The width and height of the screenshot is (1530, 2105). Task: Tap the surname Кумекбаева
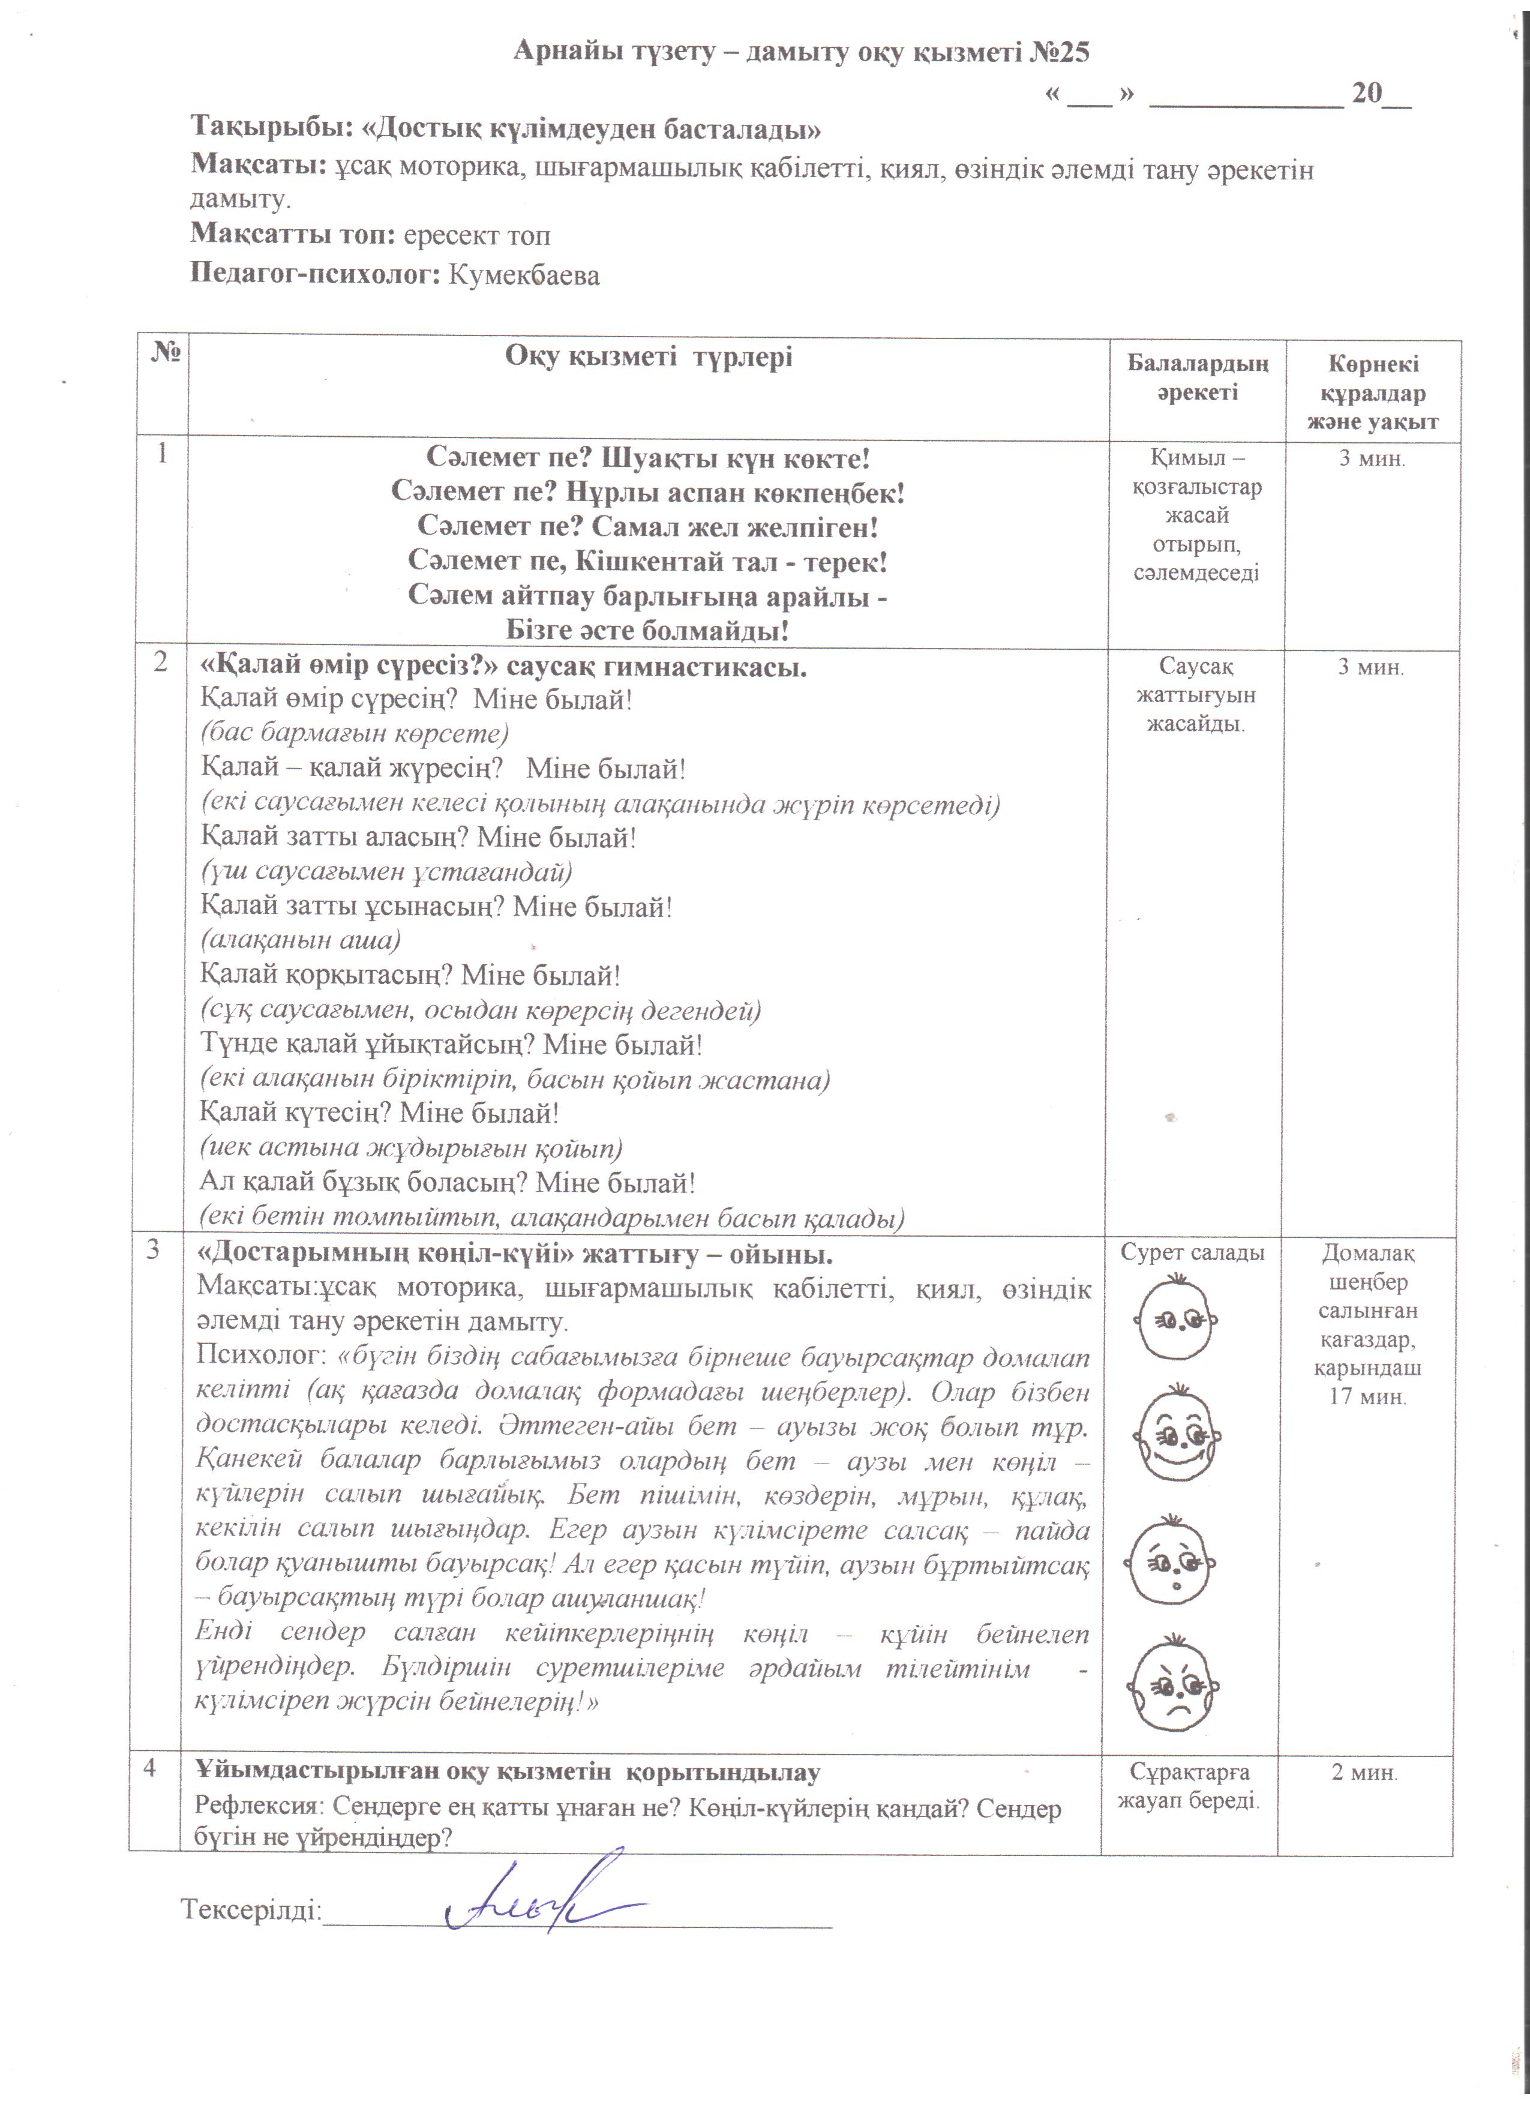point(524,275)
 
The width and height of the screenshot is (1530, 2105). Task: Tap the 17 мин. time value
point(1367,1397)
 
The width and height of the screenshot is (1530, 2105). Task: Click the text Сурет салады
point(1192,1253)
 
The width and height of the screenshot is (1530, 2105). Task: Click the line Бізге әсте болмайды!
point(647,631)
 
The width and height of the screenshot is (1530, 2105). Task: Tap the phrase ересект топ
point(476,236)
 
